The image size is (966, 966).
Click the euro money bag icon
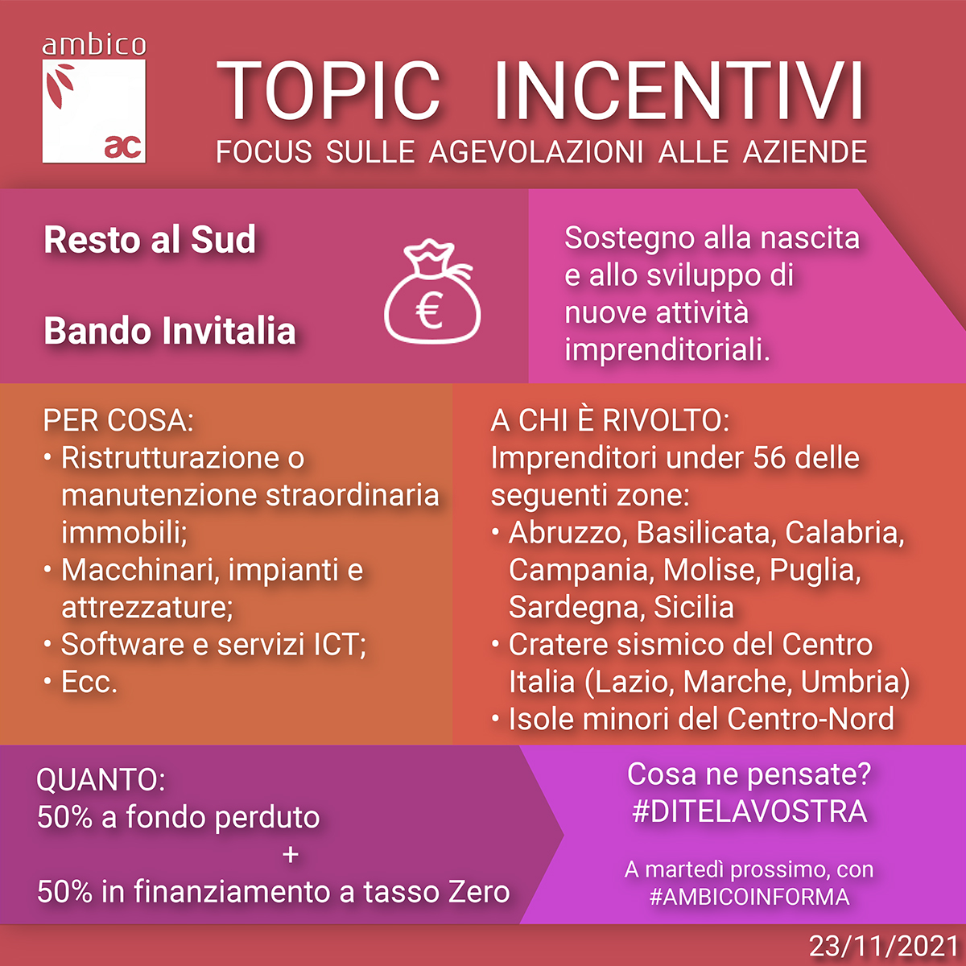(432, 291)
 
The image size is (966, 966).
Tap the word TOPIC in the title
(328, 91)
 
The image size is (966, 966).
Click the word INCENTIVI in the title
(679, 91)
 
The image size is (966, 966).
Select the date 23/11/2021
(884, 946)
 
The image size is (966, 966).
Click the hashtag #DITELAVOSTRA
(749, 811)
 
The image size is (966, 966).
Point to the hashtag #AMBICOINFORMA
(749, 897)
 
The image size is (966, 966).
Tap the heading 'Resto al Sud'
(150, 240)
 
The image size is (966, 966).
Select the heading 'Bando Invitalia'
(170, 331)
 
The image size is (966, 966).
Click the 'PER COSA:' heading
(118, 420)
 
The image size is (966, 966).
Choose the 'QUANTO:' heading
(101, 780)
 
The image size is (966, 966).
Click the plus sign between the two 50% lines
(291, 854)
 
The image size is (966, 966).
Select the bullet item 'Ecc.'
(89, 682)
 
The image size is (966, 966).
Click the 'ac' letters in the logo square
(123, 147)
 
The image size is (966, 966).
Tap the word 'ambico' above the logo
(94, 45)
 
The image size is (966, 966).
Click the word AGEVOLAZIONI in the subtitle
(536, 151)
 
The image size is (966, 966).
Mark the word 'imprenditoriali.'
(667, 349)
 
